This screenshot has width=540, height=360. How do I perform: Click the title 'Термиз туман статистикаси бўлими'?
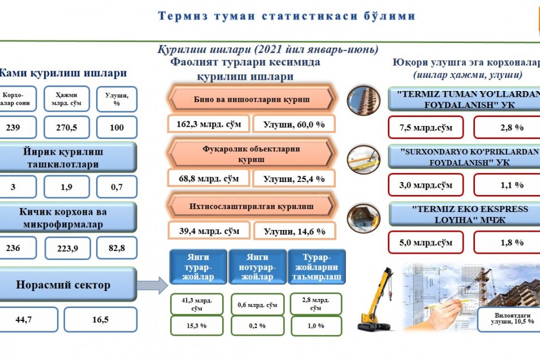pos(286,16)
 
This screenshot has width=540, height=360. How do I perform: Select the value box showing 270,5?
pos(67,127)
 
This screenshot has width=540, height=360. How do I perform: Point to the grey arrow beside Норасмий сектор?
pos(152,285)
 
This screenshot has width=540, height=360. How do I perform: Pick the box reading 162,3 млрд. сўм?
pos(209,124)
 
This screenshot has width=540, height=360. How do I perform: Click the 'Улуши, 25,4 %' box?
pos(294,179)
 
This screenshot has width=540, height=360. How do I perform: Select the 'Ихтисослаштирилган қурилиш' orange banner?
pos(252,206)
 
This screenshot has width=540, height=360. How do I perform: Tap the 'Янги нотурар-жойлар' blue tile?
pos(257,267)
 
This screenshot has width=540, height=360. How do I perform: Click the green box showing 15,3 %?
pos(197,326)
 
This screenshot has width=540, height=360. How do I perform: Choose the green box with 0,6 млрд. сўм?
pos(258,305)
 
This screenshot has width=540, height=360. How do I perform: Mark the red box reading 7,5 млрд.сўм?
pos(426,127)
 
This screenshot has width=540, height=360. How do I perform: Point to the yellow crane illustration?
pos(375,299)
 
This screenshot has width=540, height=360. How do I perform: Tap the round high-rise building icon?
pos(364,100)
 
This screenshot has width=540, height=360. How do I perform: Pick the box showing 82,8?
pos(116,248)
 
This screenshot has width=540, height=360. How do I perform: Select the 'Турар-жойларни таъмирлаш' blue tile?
pos(317,267)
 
